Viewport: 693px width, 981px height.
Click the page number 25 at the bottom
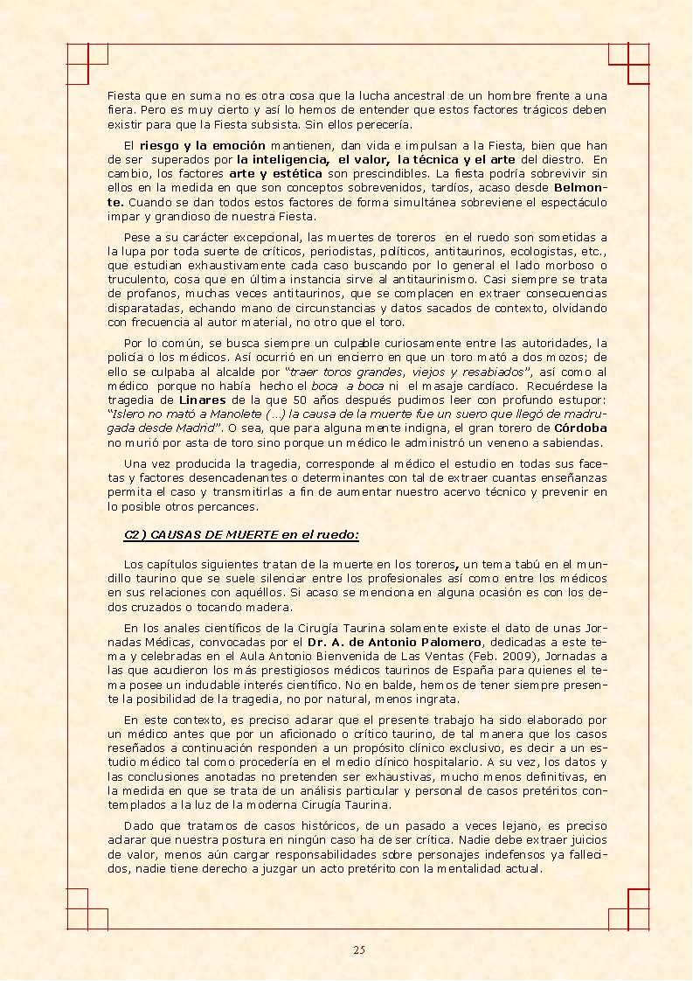358,950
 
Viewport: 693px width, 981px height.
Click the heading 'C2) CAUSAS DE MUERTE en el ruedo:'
241,535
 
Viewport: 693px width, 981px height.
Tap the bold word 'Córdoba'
581,428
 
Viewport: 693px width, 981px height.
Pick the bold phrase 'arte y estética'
263,173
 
